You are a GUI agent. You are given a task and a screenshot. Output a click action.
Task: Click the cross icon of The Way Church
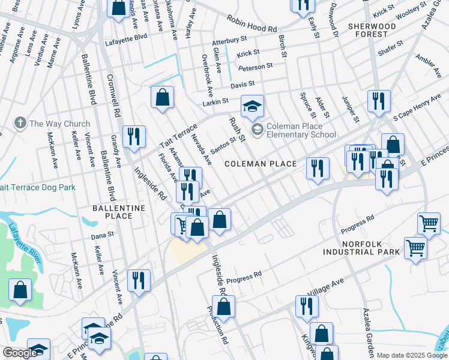(x=20, y=124)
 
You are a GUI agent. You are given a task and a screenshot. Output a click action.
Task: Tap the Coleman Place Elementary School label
(x=301, y=130)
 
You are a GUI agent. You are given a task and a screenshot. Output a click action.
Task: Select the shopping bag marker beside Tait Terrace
(x=162, y=98)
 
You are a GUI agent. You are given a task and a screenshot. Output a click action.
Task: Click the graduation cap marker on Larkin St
(x=253, y=106)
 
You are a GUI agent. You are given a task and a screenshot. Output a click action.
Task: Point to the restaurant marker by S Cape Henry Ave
(x=379, y=101)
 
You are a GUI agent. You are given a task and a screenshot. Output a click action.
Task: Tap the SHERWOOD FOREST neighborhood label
(x=372, y=30)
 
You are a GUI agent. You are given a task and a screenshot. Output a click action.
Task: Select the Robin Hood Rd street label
(x=252, y=25)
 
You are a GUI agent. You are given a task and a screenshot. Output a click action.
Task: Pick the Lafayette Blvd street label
(x=126, y=37)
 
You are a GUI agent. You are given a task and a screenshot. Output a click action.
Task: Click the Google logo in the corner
(x=19, y=353)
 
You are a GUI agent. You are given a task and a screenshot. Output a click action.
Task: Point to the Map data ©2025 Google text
(x=412, y=355)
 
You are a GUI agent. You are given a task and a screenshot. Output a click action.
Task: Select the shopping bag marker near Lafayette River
(x=20, y=290)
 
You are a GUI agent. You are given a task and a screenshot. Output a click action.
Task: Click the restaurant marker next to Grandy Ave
(x=133, y=137)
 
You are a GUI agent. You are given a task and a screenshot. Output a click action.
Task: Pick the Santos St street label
(x=223, y=142)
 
